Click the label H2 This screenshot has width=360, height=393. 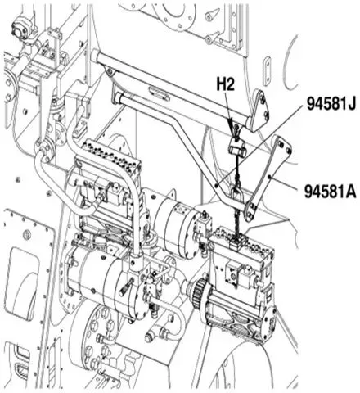click(x=226, y=84)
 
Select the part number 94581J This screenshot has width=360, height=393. click(x=331, y=104)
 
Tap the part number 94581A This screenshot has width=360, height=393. click(x=331, y=192)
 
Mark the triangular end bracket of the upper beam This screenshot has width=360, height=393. click(x=259, y=111)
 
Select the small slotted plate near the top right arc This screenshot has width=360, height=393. click(x=268, y=70)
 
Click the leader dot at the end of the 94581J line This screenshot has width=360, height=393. click(x=216, y=185)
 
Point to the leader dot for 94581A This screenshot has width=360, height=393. click(x=269, y=177)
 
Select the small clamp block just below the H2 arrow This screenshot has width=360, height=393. click(x=236, y=148)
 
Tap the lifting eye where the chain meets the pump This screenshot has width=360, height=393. click(x=236, y=242)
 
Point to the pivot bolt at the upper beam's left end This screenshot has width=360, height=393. click(x=110, y=71)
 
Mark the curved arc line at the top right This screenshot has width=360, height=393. click(x=290, y=62)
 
